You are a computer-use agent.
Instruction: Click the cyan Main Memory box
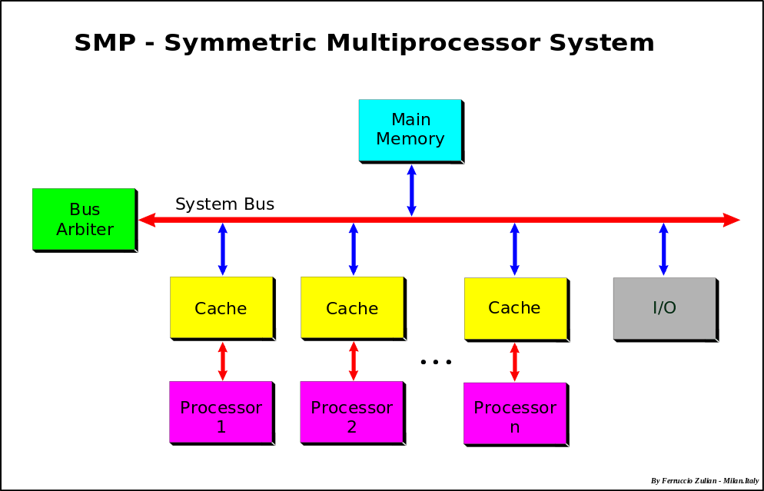click(x=410, y=130)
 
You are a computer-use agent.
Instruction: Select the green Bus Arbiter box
click(x=84, y=219)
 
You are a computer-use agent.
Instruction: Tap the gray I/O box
click(x=664, y=308)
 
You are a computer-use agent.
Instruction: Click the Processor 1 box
click(x=221, y=412)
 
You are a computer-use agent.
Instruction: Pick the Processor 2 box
click(x=351, y=412)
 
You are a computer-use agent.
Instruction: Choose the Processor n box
click(x=514, y=412)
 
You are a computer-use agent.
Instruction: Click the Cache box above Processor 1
click(x=221, y=307)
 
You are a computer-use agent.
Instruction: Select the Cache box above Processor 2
click(x=351, y=307)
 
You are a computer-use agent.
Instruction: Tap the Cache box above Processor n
click(x=514, y=307)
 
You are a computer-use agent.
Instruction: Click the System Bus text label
click(x=224, y=204)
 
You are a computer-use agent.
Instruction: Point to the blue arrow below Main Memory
click(x=411, y=190)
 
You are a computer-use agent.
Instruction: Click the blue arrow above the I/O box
click(x=663, y=249)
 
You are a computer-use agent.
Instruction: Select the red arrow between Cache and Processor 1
click(x=222, y=360)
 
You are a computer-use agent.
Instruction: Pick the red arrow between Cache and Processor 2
click(x=353, y=360)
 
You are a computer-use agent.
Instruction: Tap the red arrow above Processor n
click(x=514, y=360)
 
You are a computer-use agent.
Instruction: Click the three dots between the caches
click(x=436, y=362)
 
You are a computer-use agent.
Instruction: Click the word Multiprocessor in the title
click(x=432, y=43)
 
